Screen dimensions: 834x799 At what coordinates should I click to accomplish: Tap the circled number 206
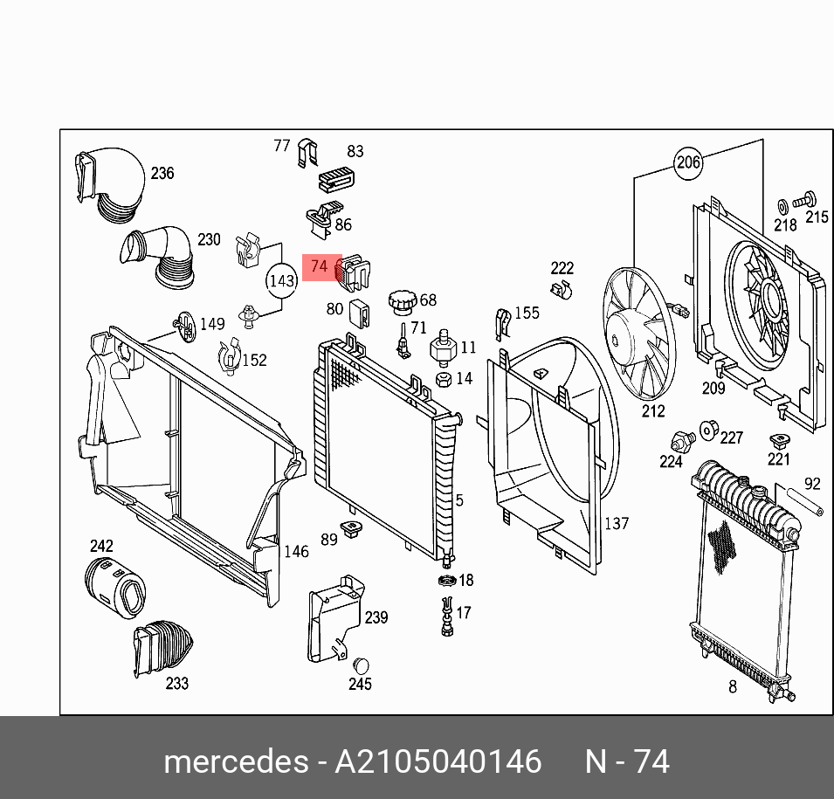click(x=688, y=162)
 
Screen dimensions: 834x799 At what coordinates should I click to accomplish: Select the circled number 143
click(x=281, y=281)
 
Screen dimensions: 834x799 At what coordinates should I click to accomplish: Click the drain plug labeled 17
click(x=447, y=616)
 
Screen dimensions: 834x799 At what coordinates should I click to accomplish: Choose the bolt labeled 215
click(x=809, y=199)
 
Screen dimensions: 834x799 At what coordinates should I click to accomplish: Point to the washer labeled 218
click(x=782, y=206)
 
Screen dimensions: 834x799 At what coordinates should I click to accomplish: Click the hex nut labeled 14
click(x=443, y=379)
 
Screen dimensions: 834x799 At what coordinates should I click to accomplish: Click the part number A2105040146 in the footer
click(x=438, y=761)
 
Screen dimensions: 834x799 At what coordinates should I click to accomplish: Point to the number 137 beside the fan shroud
click(x=617, y=523)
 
